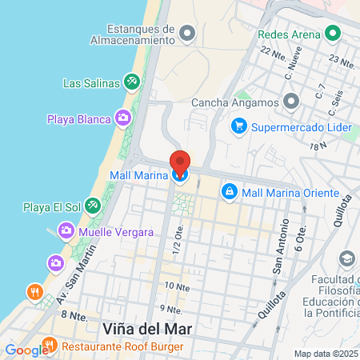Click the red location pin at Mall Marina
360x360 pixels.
(180, 163)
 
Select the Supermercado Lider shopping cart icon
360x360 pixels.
(238, 126)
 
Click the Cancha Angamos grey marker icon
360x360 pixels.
(290, 102)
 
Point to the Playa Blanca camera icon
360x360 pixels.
(123, 119)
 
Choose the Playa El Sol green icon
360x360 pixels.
(94, 207)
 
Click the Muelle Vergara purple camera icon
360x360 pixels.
(66, 232)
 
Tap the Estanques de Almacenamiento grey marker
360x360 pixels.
(187, 33)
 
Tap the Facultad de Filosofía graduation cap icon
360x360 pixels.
(346, 259)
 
